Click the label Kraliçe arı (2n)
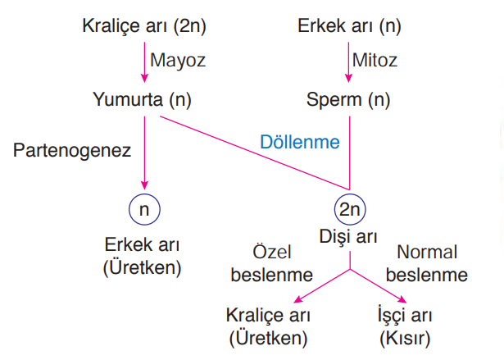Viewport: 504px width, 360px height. [144, 26]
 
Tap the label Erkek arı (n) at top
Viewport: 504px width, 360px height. [349, 26]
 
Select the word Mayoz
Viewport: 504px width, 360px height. [178, 61]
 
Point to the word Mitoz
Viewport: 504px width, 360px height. [375, 60]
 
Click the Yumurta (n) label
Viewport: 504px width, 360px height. [142, 100]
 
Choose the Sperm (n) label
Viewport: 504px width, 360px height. [348, 100]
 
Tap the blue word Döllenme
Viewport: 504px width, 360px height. [300, 142]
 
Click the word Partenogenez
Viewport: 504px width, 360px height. [72, 151]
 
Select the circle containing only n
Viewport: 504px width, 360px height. [144, 209]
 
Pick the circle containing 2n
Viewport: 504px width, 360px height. [350, 209]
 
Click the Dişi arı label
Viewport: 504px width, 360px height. [348, 237]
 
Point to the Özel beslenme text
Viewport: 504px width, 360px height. [272, 263]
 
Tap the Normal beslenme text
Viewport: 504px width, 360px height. [426, 263]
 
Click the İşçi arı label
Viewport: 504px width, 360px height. [405, 315]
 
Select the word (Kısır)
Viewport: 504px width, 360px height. [405, 339]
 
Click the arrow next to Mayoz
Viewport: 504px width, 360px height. [144, 62]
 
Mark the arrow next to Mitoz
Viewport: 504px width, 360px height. [349, 62]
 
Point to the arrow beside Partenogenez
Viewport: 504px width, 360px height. [144, 153]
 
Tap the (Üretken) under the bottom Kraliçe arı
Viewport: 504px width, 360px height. [268, 339]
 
